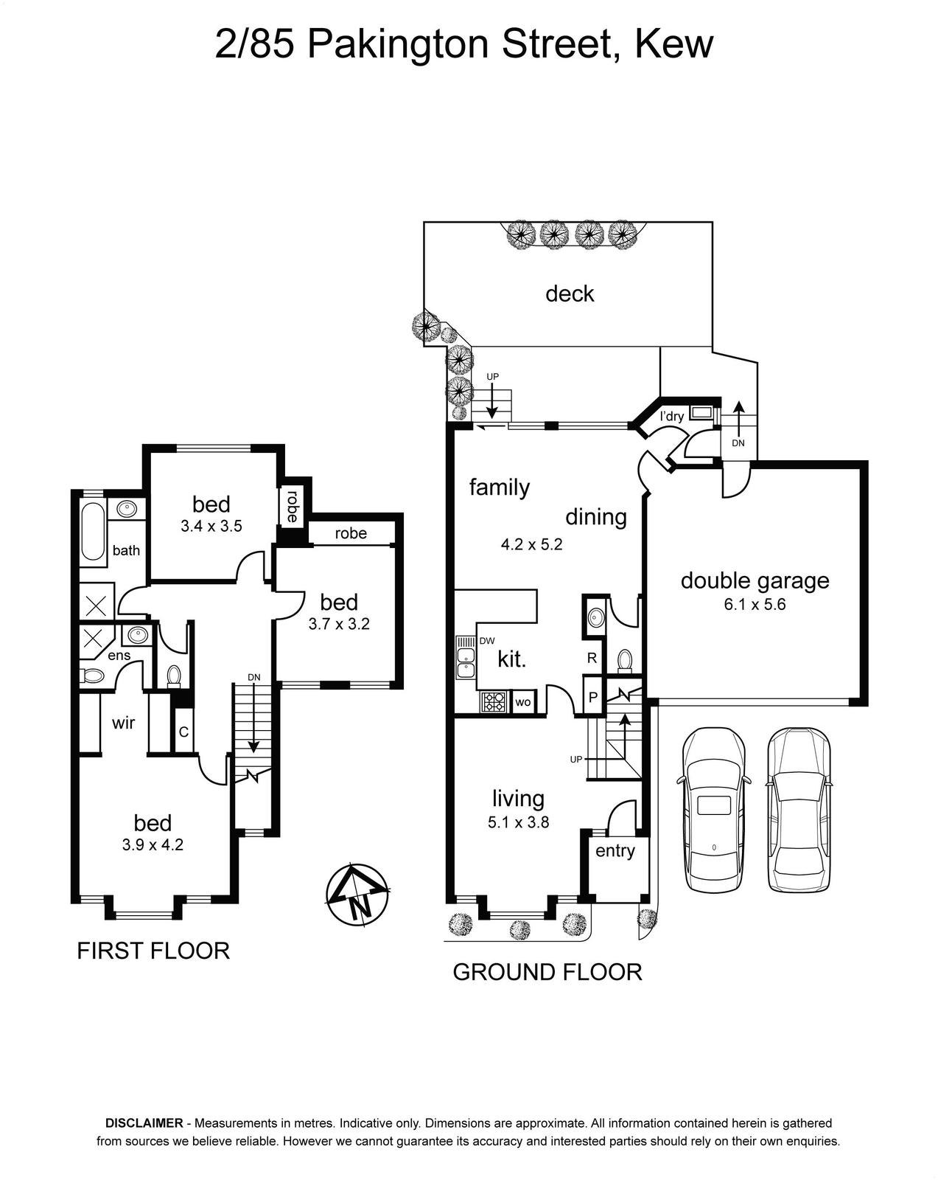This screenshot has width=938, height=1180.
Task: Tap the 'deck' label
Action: (570, 294)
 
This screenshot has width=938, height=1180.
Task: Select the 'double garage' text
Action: (755, 581)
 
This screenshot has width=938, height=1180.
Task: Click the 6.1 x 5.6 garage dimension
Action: (755, 605)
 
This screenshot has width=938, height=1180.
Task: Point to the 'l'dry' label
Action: (672, 417)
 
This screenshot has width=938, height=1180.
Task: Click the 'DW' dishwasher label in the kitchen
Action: (486, 640)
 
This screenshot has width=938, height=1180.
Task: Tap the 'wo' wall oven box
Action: (522, 702)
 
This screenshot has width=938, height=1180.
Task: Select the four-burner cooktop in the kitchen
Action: (494, 702)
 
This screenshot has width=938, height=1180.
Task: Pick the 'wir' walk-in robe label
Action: (123, 723)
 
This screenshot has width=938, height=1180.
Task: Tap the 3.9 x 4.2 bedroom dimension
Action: (153, 845)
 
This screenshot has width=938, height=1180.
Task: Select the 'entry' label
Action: (615, 851)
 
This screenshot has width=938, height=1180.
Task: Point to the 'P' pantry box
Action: (593, 697)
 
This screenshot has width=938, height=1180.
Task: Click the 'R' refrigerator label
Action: (592, 658)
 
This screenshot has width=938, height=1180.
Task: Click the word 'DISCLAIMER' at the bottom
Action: (144, 1123)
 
